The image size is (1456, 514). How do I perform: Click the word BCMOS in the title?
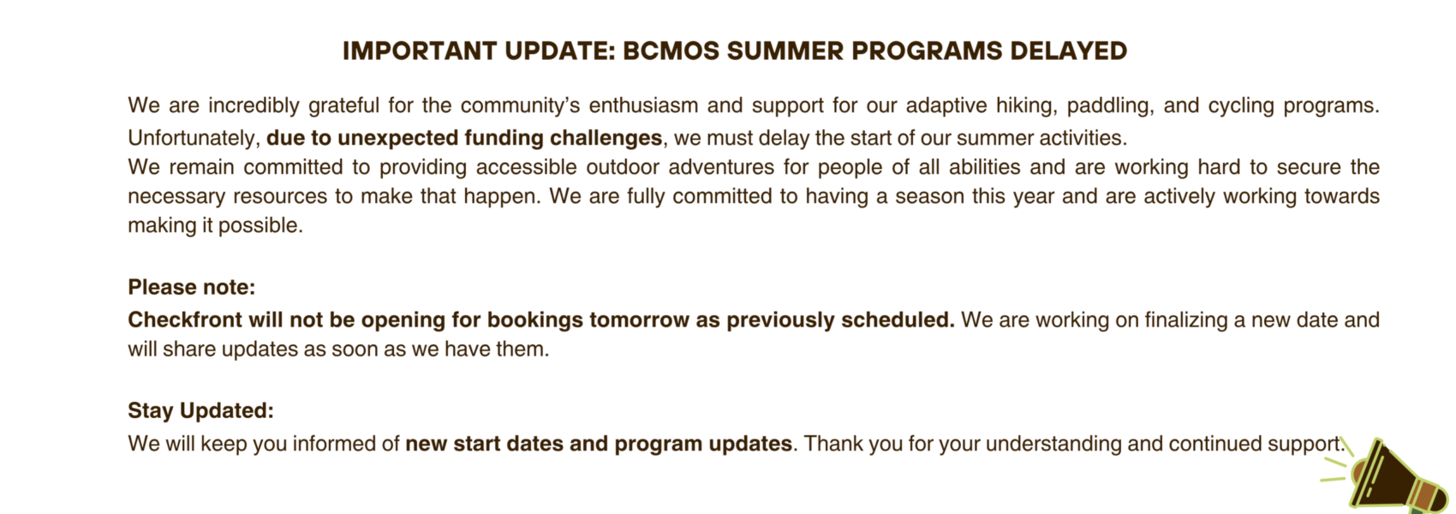click(x=670, y=51)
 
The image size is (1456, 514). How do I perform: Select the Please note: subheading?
click(x=192, y=287)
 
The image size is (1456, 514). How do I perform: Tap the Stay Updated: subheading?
click(x=201, y=410)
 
